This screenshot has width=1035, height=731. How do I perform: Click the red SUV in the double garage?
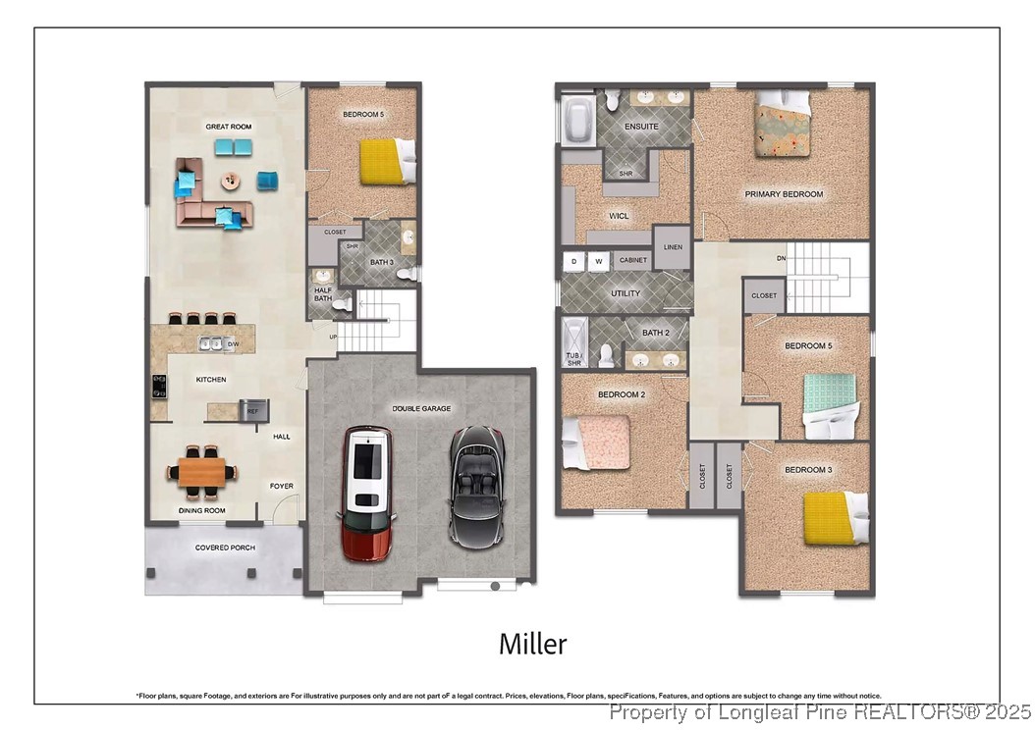[x=367, y=493]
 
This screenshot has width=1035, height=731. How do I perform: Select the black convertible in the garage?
[x=477, y=485]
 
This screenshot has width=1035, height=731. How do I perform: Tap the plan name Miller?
[x=532, y=645]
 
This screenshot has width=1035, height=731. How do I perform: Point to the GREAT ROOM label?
[x=228, y=127]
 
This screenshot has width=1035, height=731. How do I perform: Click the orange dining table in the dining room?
[x=202, y=471]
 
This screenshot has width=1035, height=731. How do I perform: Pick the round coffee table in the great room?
[x=231, y=181]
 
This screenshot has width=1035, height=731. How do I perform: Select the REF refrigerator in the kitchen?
[x=252, y=411]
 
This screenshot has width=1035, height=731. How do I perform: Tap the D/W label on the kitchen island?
[x=233, y=344]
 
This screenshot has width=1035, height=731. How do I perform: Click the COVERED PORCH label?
[x=225, y=548]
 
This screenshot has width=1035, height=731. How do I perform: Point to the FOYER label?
[x=282, y=486]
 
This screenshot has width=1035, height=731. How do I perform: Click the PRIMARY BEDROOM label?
[x=784, y=194]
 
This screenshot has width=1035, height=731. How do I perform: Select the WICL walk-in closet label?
[x=619, y=216]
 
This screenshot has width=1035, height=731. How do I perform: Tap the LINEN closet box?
[x=673, y=247]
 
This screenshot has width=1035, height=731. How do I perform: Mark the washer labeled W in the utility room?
[x=598, y=261]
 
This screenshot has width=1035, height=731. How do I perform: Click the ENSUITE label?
[x=642, y=127]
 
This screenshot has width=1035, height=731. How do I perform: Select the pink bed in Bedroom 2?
[x=596, y=442]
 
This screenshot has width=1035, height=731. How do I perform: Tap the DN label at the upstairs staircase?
[x=781, y=259]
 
